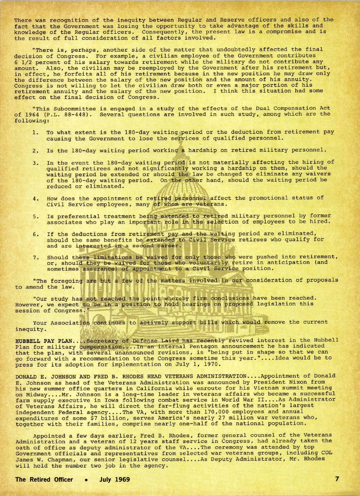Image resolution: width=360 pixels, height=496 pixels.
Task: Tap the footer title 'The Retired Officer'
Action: coord(44,479)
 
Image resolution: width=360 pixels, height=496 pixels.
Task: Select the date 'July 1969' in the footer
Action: coord(115,479)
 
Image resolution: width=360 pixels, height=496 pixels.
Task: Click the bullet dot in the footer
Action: coord(86,479)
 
